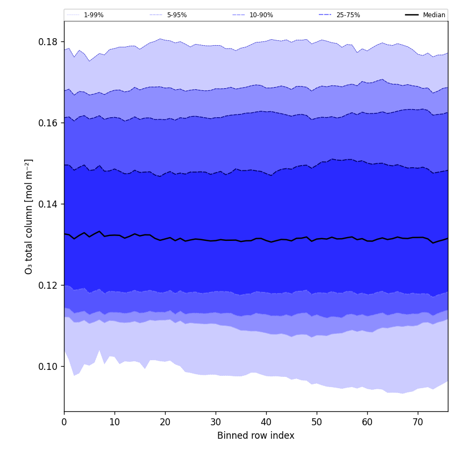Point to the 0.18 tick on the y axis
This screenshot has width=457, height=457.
click(x=48, y=42)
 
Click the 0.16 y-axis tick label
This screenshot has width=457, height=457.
click(x=48, y=123)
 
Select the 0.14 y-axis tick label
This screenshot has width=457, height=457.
click(x=48, y=204)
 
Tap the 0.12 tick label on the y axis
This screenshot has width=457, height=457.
click(x=48, y=285)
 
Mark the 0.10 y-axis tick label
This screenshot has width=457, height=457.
click(x=48, y=367)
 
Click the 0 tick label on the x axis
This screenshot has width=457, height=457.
click(x=64, y=422)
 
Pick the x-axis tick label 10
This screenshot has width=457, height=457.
click(x=115, y=422)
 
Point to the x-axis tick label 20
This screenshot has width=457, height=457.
click(x=165, y=422)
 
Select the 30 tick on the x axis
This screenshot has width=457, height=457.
click(x=216, y=422)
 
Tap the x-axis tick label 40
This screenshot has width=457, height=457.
click(x=266, y=422)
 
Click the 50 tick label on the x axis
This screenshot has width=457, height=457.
click(x=317, y=422)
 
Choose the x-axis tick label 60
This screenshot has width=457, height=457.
click(x=367, y=422)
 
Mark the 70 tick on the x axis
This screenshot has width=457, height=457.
click(x=418, y=422)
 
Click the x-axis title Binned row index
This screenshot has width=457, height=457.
click(x=256, y=435)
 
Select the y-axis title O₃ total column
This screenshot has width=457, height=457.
click(x=29, y=216)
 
